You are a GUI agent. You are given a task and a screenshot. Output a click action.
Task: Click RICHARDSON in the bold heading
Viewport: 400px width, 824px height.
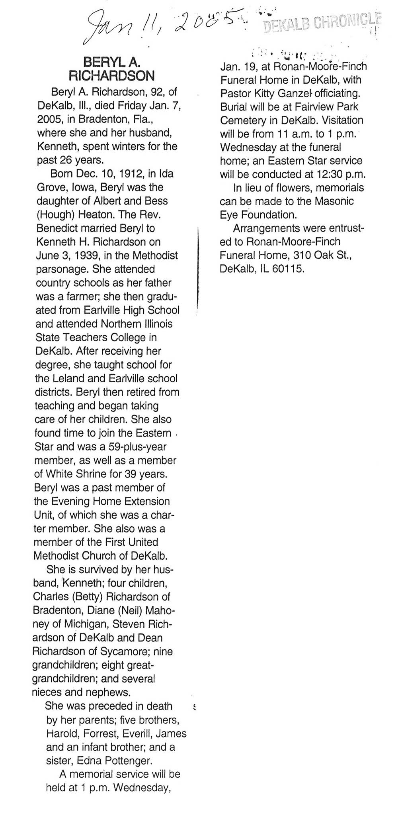click(x=111, y=76)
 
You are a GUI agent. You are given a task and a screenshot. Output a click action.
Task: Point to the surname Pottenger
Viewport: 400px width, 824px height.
click(x=127, y=760)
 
